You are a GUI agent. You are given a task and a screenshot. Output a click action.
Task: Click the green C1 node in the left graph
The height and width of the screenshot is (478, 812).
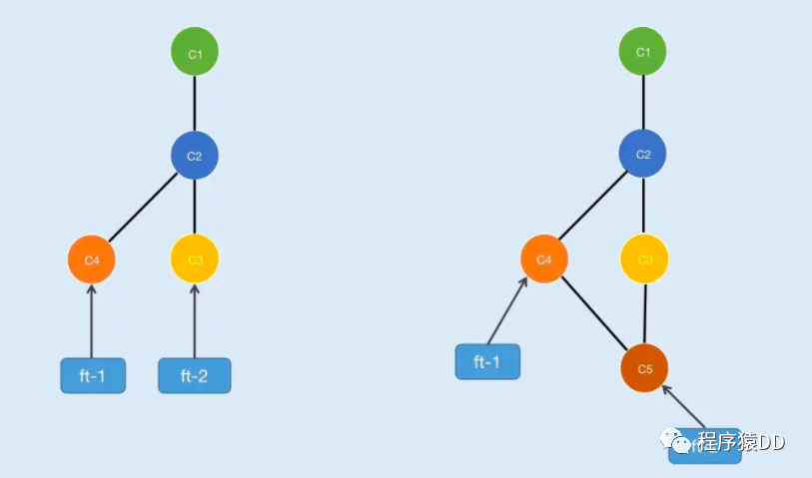194,53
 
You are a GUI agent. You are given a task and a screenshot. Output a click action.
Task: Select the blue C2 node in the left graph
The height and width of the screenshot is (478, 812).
194,156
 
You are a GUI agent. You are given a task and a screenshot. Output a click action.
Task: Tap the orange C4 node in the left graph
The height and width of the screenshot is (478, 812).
92,259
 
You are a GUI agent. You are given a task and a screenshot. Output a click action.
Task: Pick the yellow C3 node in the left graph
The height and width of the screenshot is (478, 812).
195,259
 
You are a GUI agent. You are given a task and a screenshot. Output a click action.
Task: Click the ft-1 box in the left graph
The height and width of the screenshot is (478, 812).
93,375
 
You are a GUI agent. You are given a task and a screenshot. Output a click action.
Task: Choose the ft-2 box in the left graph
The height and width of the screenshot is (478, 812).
194,375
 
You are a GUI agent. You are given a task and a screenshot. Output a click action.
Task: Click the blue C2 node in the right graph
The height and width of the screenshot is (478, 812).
642,155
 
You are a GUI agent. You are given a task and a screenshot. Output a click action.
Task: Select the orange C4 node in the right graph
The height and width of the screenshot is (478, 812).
544,259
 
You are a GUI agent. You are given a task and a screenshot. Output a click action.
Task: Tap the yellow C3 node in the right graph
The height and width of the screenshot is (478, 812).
644,259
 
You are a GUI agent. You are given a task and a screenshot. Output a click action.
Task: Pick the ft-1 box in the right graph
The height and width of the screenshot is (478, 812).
487,361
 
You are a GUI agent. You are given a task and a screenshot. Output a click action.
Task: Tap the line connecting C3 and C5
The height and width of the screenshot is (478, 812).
644,314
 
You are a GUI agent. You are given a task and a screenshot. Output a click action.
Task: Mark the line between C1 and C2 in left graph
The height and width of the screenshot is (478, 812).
194,105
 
